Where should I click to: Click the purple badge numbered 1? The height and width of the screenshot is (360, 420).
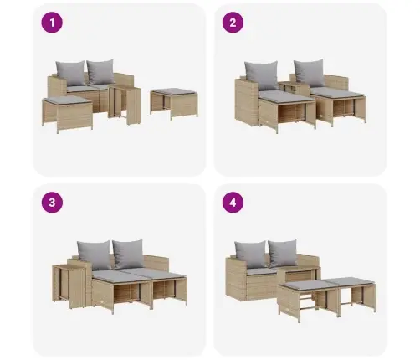(x=52, y=23)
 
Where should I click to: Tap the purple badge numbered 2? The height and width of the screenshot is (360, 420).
(x=233, y=23)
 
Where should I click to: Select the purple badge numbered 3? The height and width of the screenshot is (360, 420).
(x=52, y=203)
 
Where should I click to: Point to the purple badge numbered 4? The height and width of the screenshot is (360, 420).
(x=233, y=203)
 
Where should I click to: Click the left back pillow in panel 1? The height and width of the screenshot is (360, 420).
(x=70, y=73)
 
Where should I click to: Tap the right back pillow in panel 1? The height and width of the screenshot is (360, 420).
(x=100, y=72)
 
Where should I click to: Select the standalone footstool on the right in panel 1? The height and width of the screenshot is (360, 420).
(x=174, y=103)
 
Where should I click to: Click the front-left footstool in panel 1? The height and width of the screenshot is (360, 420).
(x=68, y=114)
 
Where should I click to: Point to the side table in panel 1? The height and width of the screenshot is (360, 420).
(x=125, y=105)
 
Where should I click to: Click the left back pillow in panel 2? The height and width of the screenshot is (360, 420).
(x=261, y=75)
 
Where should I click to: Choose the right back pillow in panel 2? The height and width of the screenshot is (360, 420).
(x=310, y=73)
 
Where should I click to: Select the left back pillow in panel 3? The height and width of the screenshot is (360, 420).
(x=94, y=255)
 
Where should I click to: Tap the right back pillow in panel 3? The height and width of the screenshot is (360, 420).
(x=128, y=254)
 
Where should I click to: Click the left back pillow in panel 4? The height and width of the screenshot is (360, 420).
(x=250, y=255)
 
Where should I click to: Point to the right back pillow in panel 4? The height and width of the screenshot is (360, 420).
(x=283, y=253)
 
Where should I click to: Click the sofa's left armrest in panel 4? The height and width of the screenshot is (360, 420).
(x=236, y=279)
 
